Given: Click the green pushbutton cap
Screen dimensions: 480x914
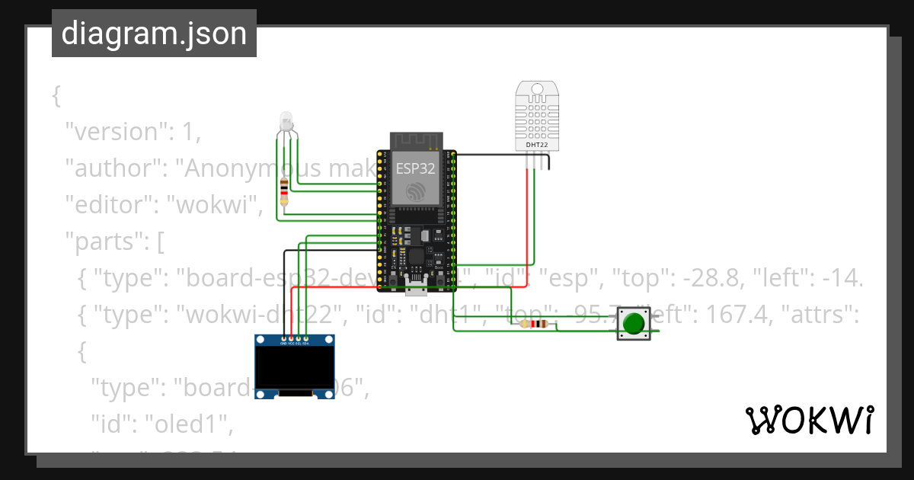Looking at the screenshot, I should point(633,324).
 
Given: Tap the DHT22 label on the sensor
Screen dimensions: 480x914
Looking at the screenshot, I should point(538,144).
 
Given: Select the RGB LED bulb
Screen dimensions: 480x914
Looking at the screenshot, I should point(286,120).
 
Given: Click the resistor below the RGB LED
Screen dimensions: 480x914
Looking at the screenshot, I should point(285,193).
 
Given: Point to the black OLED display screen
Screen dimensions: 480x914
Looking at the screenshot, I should point(294,368).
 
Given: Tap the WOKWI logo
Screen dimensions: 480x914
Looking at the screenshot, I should point(809,421).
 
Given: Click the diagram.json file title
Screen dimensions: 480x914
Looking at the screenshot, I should point(154,34).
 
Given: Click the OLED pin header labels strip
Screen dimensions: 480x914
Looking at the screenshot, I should point(295,343).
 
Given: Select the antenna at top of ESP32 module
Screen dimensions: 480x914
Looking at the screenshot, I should point(416,140).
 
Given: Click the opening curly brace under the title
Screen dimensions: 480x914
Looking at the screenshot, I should point(56,96).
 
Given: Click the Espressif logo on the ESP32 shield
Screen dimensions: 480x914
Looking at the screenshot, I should point(416,192).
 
